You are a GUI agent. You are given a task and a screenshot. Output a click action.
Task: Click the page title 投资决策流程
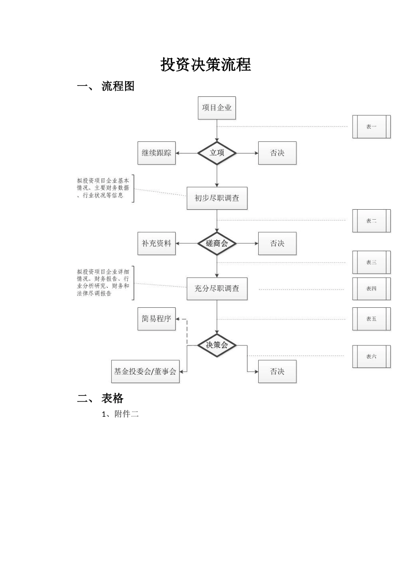click(x=205, y=65)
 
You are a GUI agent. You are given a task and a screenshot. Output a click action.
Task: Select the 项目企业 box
click(x=217, y=108)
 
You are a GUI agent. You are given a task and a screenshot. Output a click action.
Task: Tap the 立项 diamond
click(x=217, y=153)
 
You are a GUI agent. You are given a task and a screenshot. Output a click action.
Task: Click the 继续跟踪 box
click(x=157, y=153)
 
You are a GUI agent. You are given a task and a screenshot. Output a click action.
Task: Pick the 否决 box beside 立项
click(x=277, y=153)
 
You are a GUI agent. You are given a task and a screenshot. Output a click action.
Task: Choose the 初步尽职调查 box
click(x=217, y=198)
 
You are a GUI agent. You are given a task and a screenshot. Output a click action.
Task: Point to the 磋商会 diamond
click(x=217, y=243)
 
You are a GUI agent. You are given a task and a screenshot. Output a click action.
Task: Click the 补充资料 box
click(x=157, y=243)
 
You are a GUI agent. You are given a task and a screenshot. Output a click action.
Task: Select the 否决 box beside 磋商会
click(x=277, y=243)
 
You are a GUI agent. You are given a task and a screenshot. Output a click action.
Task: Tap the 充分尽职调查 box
click(x=217, y=288)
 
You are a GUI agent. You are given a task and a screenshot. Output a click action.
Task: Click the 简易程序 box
click(x=157, y=319)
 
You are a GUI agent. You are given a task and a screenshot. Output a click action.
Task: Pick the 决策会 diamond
click(x=217, y=345)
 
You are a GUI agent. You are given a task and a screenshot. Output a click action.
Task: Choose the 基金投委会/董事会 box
click(x=145, y=371)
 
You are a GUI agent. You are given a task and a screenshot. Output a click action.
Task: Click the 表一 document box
click(x=371, y=127)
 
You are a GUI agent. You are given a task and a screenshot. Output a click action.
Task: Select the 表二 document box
click(x=371, y=221)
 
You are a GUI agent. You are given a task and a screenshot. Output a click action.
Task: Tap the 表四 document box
click(x=371, y=289)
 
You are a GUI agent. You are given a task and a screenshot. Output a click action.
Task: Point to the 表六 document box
click(x=371, y=357)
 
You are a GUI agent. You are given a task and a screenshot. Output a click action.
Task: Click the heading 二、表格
click(x=100, y=398)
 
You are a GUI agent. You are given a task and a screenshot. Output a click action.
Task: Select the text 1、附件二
click(x=120, y=414)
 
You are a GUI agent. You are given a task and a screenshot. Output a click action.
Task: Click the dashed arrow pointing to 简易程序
click(x=186, y=331)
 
